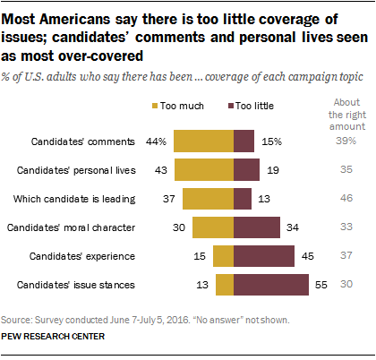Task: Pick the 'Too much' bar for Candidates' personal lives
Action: tap(204, 169)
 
